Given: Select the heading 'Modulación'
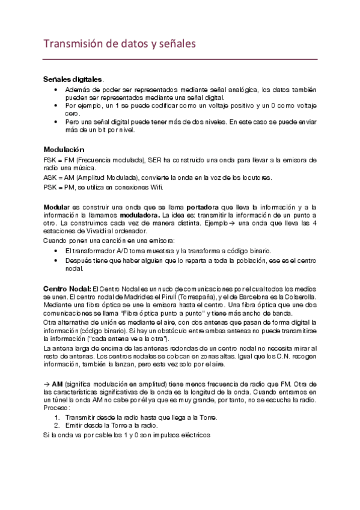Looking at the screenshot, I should pos(64,149).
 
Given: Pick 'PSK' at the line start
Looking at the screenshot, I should pos(50,188).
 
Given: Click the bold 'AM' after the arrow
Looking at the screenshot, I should pos(58,382).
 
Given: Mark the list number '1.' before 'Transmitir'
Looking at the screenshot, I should pos(57,417).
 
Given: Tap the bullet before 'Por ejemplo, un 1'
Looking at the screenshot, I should pos(56,105).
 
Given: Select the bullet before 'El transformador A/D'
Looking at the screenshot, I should pos(56,250).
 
